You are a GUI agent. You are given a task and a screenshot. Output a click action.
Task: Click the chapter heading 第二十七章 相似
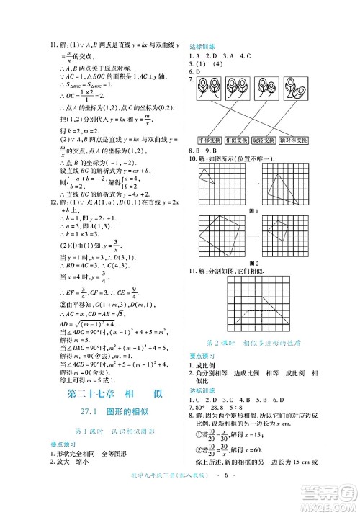point(112,393)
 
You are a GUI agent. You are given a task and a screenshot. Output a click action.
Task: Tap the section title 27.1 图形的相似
point(112,412)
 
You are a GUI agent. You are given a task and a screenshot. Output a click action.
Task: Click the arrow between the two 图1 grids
point(253,184)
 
